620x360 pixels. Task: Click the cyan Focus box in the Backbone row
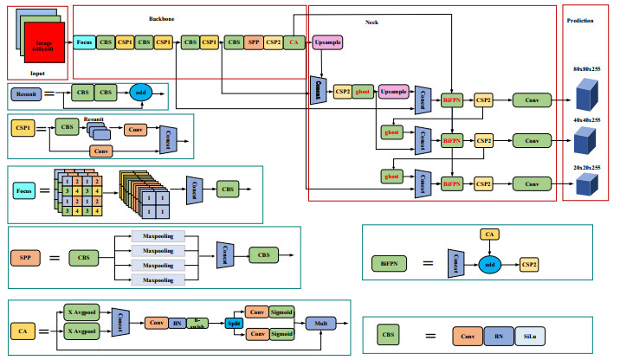pyautogui.click(x=84, y=42)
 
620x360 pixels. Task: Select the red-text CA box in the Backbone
pyautogui.click(x=294, y=42)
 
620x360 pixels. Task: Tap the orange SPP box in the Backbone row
pyautogui.click(x=253, y=42)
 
